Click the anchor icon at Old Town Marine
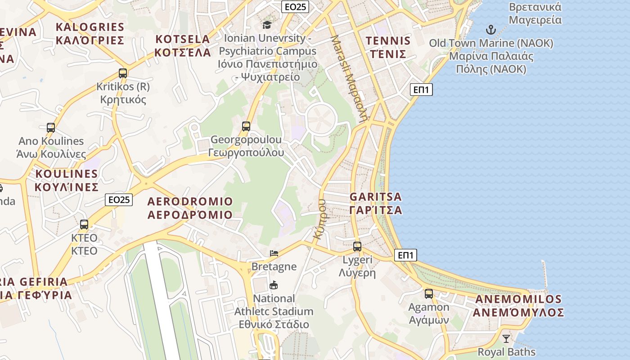(x=490, y=30)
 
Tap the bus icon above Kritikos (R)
(x=123, y=73)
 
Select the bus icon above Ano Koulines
(x=51, y=128)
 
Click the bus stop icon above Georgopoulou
(x=246, y=126)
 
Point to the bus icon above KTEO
(x=84, y=224)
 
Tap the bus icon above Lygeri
(x=357, y=247)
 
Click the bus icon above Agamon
(x=429, y=294)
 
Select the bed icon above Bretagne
(x=274, y=253)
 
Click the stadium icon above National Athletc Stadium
(x=274, y=285)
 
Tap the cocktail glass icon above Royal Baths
(x=506, y=338)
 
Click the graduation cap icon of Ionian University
(x=267, y=24)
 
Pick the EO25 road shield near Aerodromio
(x=119, y=199)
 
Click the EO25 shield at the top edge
(x=295, y=6)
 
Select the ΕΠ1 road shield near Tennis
(x=422, y=90)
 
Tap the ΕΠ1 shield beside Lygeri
(x=405, y=255)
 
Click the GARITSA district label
(x=376, y=203)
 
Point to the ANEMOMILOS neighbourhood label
(x=519, y=306)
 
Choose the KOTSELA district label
(x=183, y=45)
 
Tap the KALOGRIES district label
(x=90, y=33)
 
